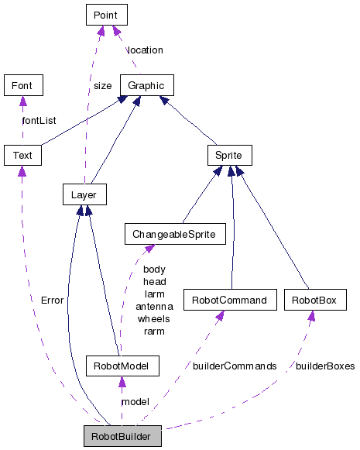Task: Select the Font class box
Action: tap(22, 84)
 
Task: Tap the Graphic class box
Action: tap(146, 84)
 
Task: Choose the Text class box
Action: tap(22, 155)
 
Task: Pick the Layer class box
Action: tap(84, 194)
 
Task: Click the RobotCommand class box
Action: tap(230, 299)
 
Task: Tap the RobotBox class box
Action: tap(314, 299)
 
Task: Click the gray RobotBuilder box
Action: tap(122, 436)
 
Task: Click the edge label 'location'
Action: tap(146, 50)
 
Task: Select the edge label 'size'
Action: tap(102, 86)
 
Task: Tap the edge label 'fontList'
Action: tap(40, 120)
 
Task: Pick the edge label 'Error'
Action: tap(53, 300)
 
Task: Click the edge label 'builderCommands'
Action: tap(235, 366)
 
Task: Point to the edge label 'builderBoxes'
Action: tap(324, 366)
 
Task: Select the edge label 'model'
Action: tap(135, 402)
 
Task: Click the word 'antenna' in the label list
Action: tap(155, 306)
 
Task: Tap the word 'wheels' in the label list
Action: tap(154, 318)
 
